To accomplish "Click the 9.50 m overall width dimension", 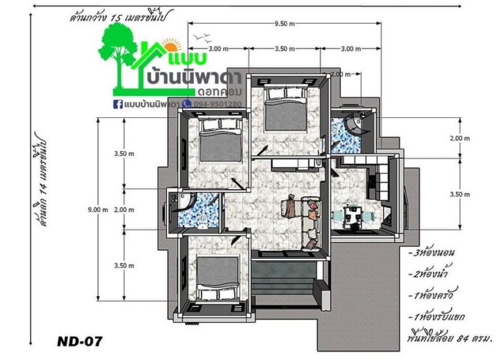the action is (x=284, y=23).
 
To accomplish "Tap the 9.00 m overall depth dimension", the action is (x=98, y=210).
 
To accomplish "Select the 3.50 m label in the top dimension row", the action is (x=284, y=49).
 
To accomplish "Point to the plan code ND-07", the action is (x=80, y=342).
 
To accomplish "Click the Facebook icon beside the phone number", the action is (x=118, y=104).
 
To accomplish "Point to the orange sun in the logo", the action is (x=172, y=46).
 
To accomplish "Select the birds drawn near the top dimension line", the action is (x=202, y=37).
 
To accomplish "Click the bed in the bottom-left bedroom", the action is (x=218, y=278).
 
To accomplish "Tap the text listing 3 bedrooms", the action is (x=432, y=252).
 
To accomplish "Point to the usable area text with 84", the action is (x=449, y=337).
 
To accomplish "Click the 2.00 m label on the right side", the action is (x=460, y=138).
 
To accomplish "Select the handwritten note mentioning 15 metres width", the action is (x=122, y=16).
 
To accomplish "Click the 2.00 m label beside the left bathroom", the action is (x=124, y=210).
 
